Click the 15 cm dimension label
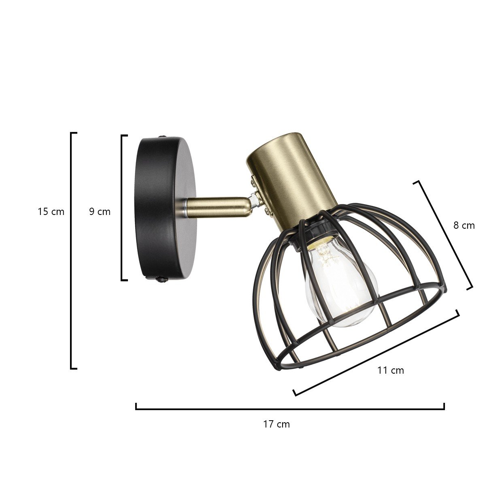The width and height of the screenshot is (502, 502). tap(51, 211)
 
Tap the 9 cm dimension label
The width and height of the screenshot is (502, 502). tap(100, 211)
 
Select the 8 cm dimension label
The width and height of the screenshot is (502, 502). tap(464, 225)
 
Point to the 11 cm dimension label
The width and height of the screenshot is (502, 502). tap(390, 370)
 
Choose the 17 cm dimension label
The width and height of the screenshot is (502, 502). tap(277, 424)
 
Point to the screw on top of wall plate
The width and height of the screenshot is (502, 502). tap(163, 137)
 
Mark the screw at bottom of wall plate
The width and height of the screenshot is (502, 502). tap(162, 279)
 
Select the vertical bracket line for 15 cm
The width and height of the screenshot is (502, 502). tap(71, 251)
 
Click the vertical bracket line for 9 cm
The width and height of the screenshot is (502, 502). tap(122, 208)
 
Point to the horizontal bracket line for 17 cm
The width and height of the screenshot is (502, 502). tap(290, 409)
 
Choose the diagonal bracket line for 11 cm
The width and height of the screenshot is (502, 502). tap(376, 353)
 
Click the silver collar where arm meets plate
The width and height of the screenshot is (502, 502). tap(185, 208)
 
